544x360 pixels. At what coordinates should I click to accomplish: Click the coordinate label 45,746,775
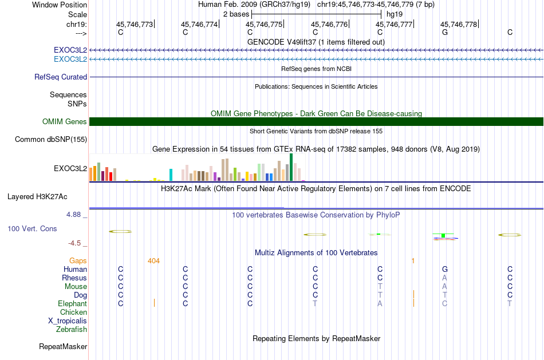(264, 24)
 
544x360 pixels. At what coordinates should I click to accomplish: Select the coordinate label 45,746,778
(459, 24)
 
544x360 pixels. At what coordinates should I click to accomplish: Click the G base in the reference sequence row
(445, 32)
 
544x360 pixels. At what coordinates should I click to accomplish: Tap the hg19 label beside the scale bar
(395, 14)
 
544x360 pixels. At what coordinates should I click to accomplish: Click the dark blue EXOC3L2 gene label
(70, 50)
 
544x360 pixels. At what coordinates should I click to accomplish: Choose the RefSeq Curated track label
(61, 77)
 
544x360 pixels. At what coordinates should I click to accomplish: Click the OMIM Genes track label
(65, 122)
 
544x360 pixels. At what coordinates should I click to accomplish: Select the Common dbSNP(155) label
(51, 140)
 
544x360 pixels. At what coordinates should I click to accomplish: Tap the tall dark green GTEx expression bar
(291, 167)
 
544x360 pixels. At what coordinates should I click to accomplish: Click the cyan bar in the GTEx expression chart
(171, 175)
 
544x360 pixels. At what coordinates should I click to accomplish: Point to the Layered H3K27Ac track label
(37, 197)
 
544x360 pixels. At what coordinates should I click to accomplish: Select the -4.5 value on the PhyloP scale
(74, 243)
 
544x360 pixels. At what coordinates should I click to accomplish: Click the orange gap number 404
(153, 261)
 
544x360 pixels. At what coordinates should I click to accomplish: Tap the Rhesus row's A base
(444, 278)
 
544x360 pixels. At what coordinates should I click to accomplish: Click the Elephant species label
(73, 304)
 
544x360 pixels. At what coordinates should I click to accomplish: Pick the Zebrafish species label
(72, 330)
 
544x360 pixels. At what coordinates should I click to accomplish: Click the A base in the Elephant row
(380, 304)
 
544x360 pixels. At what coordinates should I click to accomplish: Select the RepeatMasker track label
(63, 346)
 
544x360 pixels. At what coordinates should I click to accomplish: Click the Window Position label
(60, 5)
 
